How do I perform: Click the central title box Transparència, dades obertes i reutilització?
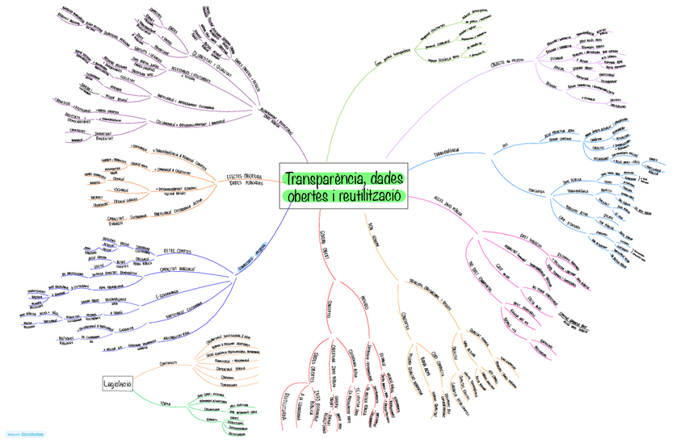[344, 186]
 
